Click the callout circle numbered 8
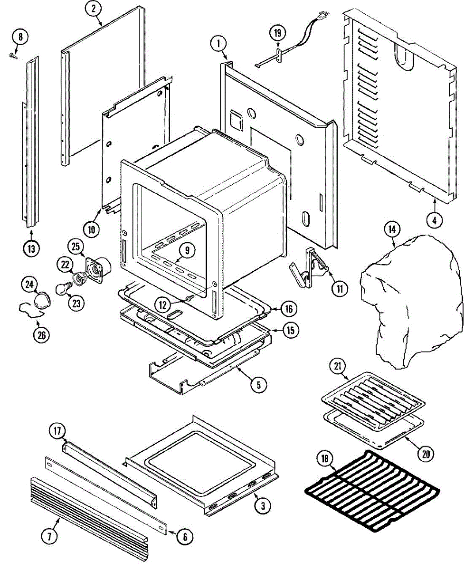tap(20, 36)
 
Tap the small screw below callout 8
tap(12, 56)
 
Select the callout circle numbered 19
tap(278, 33)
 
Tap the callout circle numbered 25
tap(76, 247)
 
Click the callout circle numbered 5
tap(258, 385)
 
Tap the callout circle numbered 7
tap(50, 536)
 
